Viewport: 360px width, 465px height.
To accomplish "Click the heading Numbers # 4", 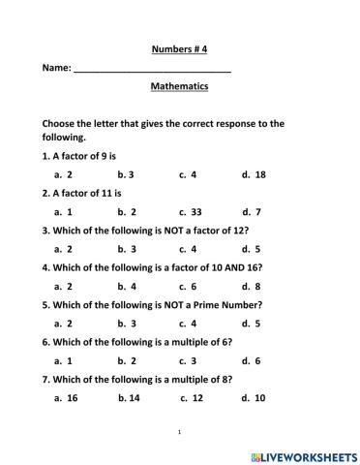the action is (180, 47).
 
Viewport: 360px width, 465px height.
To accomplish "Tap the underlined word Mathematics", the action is (180, 86).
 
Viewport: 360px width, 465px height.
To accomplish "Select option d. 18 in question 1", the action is (254, 175).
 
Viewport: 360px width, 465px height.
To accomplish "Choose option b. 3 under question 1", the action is (126, 175).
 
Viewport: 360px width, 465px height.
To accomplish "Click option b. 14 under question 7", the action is (129, 397).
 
